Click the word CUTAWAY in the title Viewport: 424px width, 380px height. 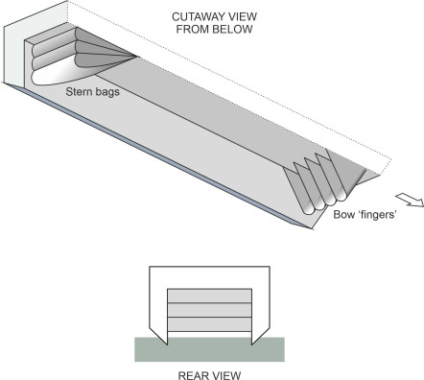coord(197,16)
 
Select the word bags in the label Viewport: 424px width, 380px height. coord(106,92)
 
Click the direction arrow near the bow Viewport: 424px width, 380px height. coord(410,200)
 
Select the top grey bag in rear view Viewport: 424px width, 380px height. coord(209,296)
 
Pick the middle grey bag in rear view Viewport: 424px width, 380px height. coord(209,310)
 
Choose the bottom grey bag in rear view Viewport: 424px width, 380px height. coord(209,324)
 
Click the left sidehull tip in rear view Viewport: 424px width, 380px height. coord(167,345)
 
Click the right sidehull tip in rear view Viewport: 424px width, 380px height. coord(252,345)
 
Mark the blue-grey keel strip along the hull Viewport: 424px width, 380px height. coord(156,155)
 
